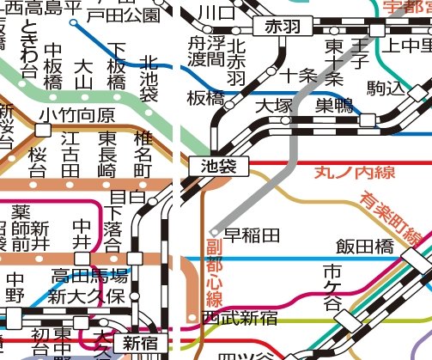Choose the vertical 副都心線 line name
click(x=214, y=273)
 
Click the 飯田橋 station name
click(x=364, y=247)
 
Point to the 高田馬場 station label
click(x=89, y=276)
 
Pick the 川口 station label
click(x=210, y=13)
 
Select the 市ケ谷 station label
click(x=332, y=287)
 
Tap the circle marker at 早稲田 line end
click(x=215, y=232)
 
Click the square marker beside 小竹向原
click(x=42, y=130)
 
